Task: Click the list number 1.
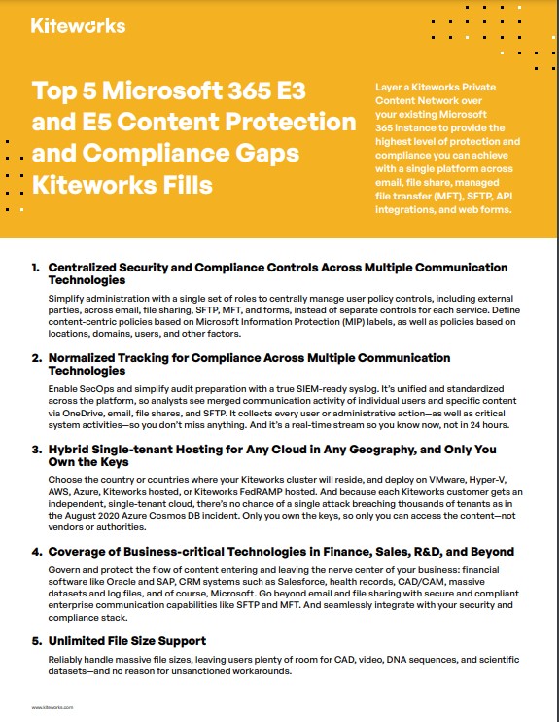pos(35,267)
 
